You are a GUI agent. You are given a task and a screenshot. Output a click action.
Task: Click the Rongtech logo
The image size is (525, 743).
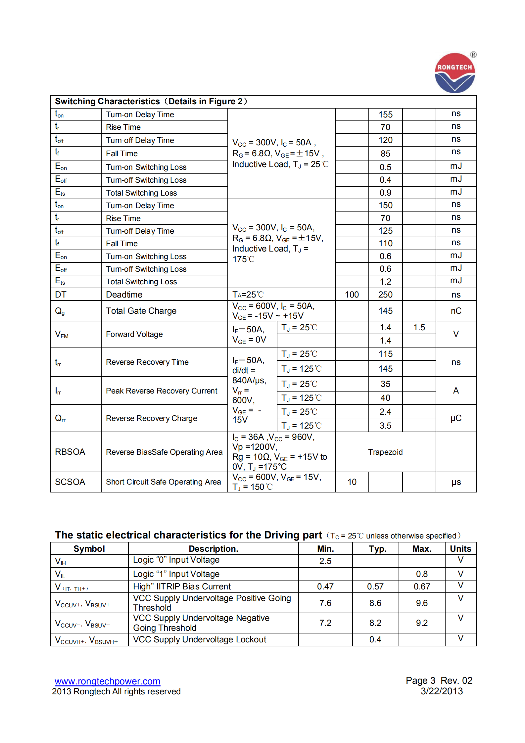coord(455,73)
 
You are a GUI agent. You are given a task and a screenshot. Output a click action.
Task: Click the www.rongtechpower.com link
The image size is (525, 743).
coord(107,681)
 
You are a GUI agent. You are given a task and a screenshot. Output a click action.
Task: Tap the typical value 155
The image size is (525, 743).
coord(385,115)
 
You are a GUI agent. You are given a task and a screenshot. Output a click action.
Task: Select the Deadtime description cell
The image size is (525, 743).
coord(124,295)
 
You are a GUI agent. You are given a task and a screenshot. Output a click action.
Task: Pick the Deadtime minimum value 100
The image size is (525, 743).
coord(352,295)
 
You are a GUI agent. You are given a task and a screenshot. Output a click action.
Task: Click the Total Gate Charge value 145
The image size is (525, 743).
coord(385,311)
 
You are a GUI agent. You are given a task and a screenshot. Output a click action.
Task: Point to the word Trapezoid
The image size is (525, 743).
coord(385,452)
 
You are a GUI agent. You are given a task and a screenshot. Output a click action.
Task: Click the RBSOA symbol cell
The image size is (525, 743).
coord(70,452)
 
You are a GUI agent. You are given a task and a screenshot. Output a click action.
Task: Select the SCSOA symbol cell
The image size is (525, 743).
coord(70,482)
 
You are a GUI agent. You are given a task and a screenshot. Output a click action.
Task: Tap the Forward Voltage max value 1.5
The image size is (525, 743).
coord(419,327)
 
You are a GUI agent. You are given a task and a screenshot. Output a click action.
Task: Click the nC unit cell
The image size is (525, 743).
coord(456,311)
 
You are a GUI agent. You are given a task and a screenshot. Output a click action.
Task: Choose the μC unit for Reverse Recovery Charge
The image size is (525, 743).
coord(456,418)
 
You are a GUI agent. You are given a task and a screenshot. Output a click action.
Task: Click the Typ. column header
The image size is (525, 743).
coord(378,549)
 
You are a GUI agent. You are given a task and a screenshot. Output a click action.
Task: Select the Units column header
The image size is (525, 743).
coord(460,549)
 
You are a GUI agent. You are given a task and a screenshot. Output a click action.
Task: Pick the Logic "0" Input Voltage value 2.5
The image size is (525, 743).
coord(325,561)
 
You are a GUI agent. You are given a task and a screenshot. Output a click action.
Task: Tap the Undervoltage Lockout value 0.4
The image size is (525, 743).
coord(375,639)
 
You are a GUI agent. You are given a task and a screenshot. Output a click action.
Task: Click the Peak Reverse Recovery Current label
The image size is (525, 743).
coord(162,391)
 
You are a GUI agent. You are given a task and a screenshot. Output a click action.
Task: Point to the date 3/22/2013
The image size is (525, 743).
coord(442,691)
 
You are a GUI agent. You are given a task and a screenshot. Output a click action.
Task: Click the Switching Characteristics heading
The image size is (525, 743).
coord(151,101)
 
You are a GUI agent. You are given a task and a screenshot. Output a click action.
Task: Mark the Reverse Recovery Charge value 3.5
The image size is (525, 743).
coord(385,426)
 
